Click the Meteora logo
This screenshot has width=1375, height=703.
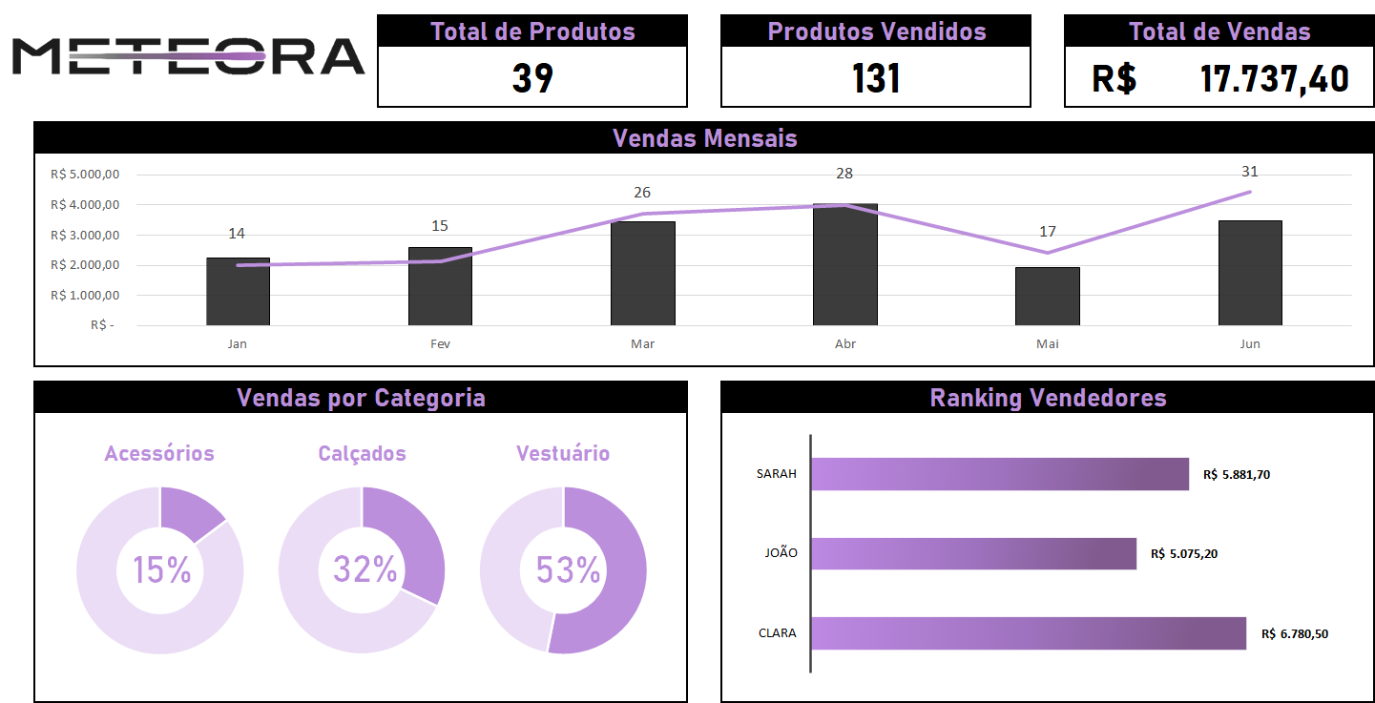pyautogui.click(x=188, y=56)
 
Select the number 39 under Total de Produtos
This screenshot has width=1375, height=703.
pyautogui.click(x=532, y=78)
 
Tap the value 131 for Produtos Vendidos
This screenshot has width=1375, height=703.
pyautogui.click(x=876, y=78)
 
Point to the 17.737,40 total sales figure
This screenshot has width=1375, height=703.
pyautogui.click(x=1274, y=78)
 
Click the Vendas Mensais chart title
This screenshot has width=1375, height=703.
pyautogui.click(x=704, y=138)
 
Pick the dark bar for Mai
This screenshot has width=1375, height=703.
pyautogui.click(x=1047, y=297)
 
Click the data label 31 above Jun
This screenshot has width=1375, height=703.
pyautogui.click(x=1249, y=172)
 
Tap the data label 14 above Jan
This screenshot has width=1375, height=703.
pyautogui.click(x=237, y=234)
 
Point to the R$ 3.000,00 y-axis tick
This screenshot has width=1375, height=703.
pyautogui.click(x=85, y=235)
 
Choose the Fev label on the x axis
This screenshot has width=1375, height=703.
pyautogui.click(x=440, y=344)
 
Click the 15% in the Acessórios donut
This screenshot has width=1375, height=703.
pyautogui.click(x=161, y=570)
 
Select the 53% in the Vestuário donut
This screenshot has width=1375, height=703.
pyautogui.click(x=567, y=570)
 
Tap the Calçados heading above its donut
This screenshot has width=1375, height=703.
pyautogui.click(x=362, y=453)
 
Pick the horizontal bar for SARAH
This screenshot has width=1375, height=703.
pyautogui.click(x=999, y=474)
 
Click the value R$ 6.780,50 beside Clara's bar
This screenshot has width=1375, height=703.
pyautogui.click(x=1294, y=633)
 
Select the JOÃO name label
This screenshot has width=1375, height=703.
pyautogui.click(x=781, y=553)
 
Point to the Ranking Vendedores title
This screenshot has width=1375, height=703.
pyautogui.click(x=1048, y=398)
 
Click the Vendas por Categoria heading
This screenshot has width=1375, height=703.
pyautogui.click(x=361, y=398)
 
